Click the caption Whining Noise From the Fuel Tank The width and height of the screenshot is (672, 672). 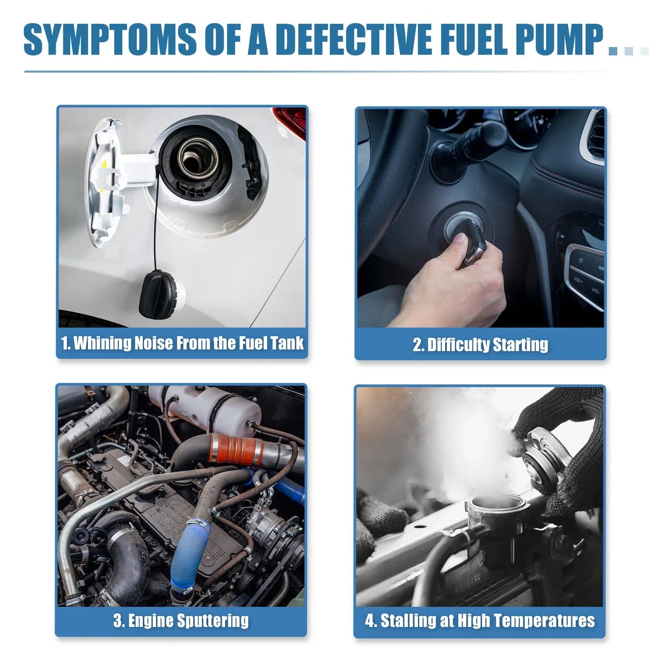(182, 343)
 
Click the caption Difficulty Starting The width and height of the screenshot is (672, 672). (480, 345)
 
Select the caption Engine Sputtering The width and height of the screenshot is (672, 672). (181, 621)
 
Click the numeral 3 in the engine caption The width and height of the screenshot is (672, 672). (118, 621)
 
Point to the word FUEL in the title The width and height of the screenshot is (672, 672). (475, 40)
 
